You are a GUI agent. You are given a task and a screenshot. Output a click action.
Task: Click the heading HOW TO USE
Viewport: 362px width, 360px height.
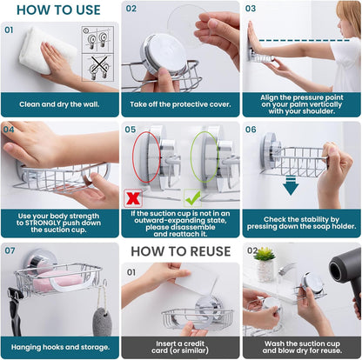pos(59,10)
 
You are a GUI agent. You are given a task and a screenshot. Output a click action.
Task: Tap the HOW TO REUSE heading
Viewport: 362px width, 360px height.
pos(180,252)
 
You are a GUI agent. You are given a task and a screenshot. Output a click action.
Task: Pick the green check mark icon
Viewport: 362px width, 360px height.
pos(192,197)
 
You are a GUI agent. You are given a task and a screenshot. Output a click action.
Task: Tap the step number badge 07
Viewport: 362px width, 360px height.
pos(10,250)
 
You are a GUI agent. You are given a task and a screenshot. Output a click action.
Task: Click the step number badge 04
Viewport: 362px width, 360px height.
pos(10,129)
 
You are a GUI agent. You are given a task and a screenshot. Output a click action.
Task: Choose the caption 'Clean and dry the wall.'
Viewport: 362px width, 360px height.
pos(59,104)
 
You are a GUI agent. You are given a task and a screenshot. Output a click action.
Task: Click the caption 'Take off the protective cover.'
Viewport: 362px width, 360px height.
pos(180,104)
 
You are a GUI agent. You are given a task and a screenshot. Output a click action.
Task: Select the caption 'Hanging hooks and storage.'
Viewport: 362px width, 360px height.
pos(59,345)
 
